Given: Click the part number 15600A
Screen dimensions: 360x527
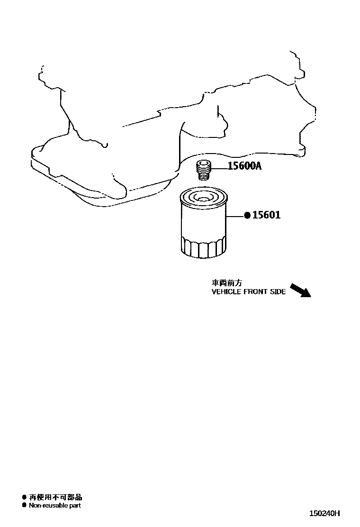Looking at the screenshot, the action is (x=244, y=166).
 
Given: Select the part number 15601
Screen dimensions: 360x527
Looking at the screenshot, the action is (x=266, y=215).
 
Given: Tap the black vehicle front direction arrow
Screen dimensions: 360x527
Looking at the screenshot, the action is (x=300, y=291).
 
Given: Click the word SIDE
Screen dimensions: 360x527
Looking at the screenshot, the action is (x=278, y=292).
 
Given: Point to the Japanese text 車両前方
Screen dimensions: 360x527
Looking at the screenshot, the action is (x=227, y=283).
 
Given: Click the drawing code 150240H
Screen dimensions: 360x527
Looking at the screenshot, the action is (x=325, y=513).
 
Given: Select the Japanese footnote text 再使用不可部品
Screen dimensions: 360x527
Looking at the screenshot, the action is (x=56, y=497).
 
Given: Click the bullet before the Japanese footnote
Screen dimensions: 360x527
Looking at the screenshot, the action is (x=24, y=497).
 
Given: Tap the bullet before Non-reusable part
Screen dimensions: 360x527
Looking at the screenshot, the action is (x=24, y=505).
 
